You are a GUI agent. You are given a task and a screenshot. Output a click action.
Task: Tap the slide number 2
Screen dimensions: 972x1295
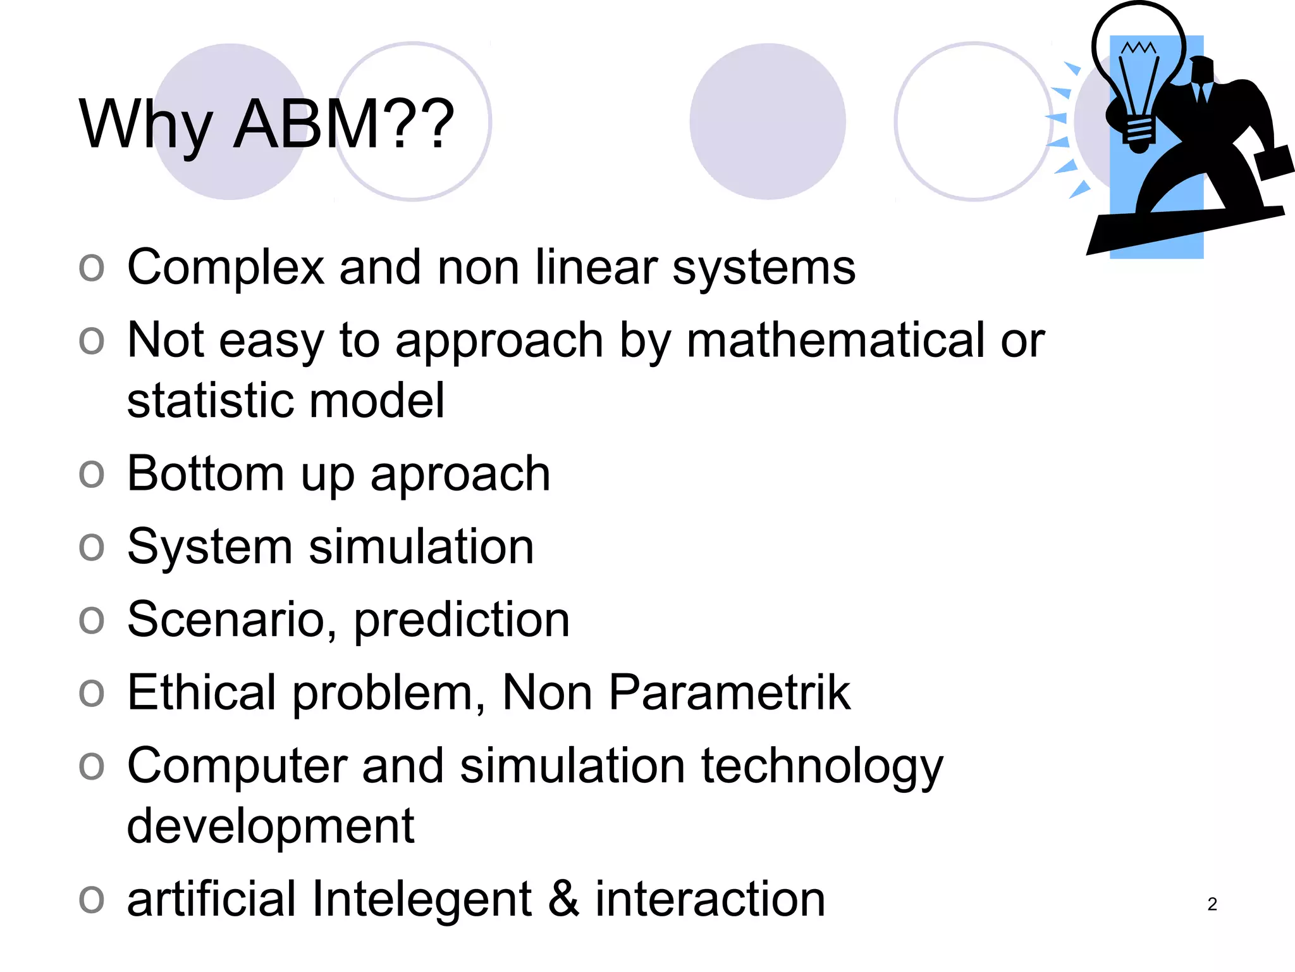click(1212, 904)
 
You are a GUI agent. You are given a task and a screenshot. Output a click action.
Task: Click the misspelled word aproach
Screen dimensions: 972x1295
click(460, 475)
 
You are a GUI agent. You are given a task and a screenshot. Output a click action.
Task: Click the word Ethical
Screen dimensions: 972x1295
click(202, 693)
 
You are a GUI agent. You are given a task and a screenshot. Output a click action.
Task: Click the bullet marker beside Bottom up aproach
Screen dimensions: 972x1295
click(92, 473)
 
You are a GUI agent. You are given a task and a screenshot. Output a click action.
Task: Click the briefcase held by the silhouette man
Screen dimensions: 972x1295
click(1274, 163)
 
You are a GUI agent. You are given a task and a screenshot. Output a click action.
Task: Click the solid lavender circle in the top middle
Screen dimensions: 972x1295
click(767, 121)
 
